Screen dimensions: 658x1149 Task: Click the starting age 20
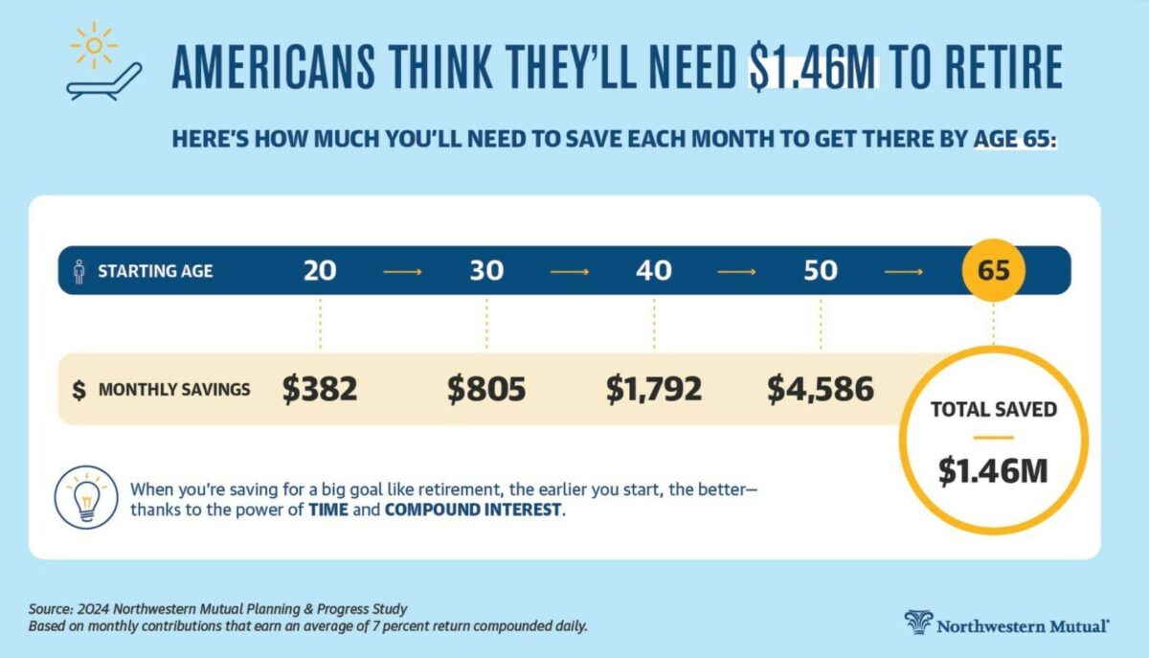coord(320,271)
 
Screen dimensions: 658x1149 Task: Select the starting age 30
coord(486,271)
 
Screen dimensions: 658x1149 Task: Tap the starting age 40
coord(654,271)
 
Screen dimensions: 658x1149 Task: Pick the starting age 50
coord(821,271)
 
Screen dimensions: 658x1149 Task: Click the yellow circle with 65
coord(994,270)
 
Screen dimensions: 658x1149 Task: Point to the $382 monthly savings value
coord(320,389)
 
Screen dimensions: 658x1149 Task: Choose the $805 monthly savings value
coord(486,389)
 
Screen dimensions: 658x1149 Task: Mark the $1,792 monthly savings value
coord(654,389)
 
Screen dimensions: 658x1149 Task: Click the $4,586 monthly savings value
coord(821,389)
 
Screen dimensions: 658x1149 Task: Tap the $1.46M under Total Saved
coord(993,470)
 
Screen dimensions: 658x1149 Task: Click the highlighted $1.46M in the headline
coord(813,67)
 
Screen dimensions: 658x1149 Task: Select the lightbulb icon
coord(87,495)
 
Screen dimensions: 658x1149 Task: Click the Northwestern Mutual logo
coord(1007,624)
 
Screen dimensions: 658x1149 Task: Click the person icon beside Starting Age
coord(79,271)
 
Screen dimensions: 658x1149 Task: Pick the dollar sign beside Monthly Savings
coord(79,390)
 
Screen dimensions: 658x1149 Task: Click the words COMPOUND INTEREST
coord(473,510)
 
